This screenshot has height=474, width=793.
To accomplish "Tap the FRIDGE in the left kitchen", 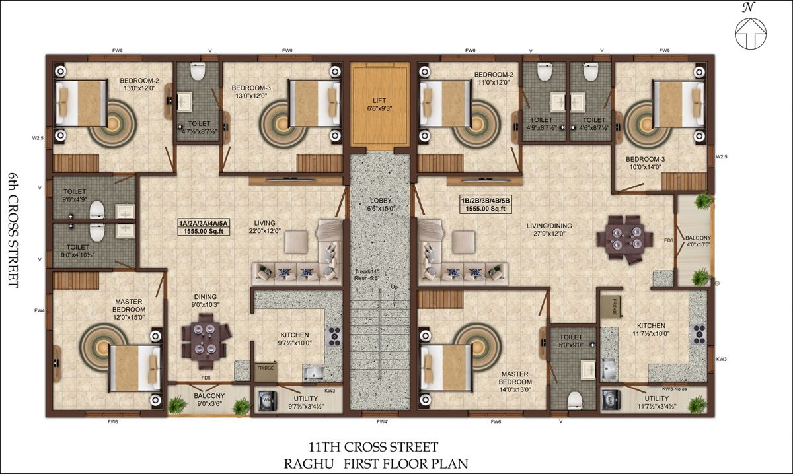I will click(x=266, y=368).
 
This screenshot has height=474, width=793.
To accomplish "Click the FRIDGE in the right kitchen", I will click(x=610, y=307).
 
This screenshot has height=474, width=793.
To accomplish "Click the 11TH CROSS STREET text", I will click(x=373, y=448).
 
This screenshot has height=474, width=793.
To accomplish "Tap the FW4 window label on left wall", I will click(x=40, y=310).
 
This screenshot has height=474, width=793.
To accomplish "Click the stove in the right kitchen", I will click(x=698, y=335).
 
